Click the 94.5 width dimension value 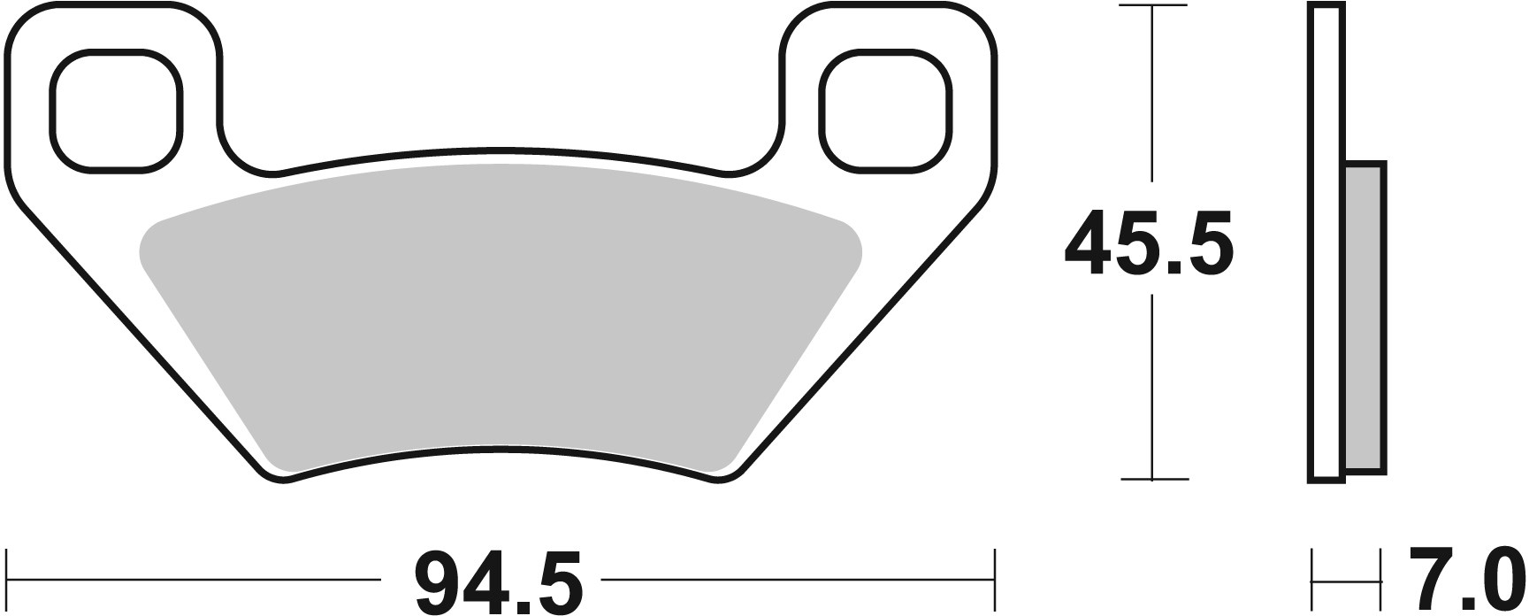[500, 581]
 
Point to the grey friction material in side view [1365, 319]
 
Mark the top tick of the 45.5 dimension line [1152, 7]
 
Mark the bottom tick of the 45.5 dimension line [1152, 479]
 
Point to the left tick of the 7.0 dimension [1312, 581]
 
